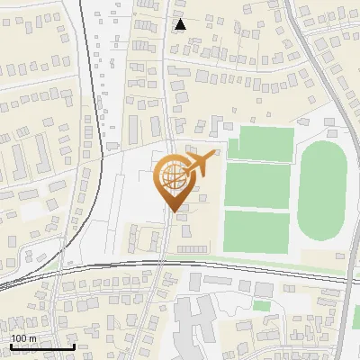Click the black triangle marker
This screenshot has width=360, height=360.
(181, 24)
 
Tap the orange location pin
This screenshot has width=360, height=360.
(176, 181)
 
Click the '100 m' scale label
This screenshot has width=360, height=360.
(23, 338)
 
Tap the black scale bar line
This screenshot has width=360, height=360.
(41, 346)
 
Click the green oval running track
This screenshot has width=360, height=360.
(321, 193)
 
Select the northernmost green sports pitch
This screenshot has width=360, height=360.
(261, 145)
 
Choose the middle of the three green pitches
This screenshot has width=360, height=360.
(256, 185)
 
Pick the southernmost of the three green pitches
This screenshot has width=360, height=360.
(256, 230)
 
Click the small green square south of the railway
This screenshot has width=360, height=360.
(261, 306)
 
